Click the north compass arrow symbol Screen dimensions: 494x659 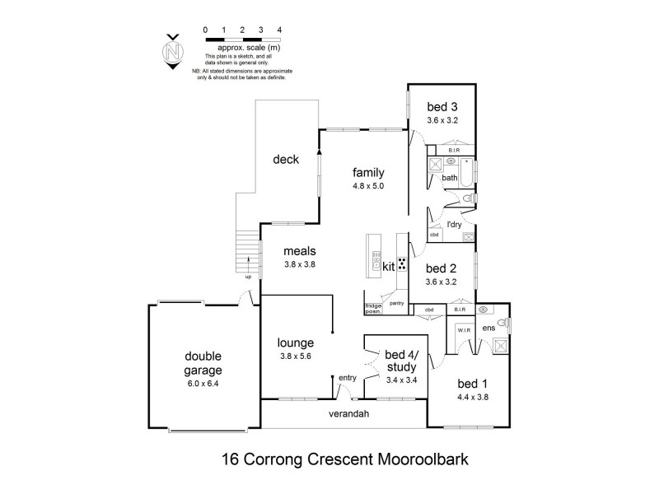[x=172, y=51]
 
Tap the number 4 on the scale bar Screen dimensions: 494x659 [x=281, y=30]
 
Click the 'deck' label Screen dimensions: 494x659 [x=286, y=160]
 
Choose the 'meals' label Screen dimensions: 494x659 [x=299, y=252]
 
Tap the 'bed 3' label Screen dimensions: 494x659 [x=442, y=106]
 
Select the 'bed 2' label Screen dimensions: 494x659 [x=442, y=268]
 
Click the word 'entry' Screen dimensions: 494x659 [x=348, y=378]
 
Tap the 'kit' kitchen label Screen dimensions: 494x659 [x=389, y=267]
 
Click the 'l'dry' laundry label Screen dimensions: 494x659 [x=453, y=225]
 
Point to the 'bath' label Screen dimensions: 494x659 [x=449, y=178]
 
